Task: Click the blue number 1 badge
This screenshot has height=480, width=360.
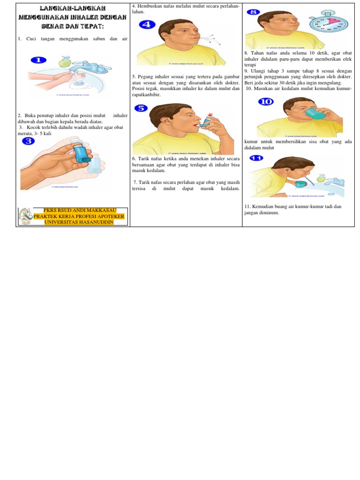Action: (38, 60)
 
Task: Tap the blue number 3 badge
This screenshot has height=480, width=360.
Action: (28, 141)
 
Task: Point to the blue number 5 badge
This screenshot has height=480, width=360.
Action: (141, 108)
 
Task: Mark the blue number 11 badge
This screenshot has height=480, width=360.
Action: (256, 158)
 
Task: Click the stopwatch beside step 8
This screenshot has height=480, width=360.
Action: (326, 22)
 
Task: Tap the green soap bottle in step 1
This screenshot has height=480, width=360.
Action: (65, 61)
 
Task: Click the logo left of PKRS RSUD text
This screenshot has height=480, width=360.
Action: (25, 217)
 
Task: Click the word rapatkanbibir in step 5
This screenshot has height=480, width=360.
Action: (147, 94)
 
